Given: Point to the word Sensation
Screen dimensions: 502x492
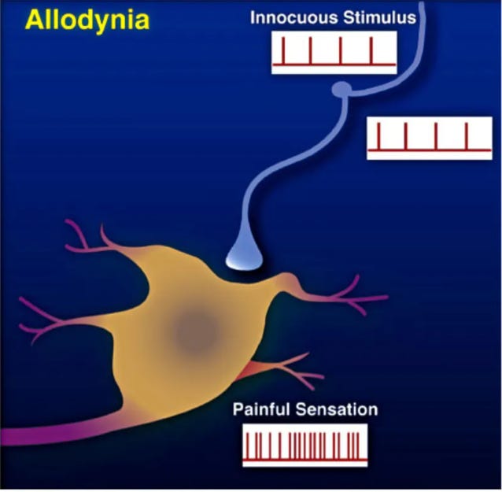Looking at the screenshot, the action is click(338, 409).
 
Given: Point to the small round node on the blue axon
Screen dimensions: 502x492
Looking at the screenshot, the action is click(341, 91).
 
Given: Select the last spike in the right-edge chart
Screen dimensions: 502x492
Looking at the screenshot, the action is click(467, 135).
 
